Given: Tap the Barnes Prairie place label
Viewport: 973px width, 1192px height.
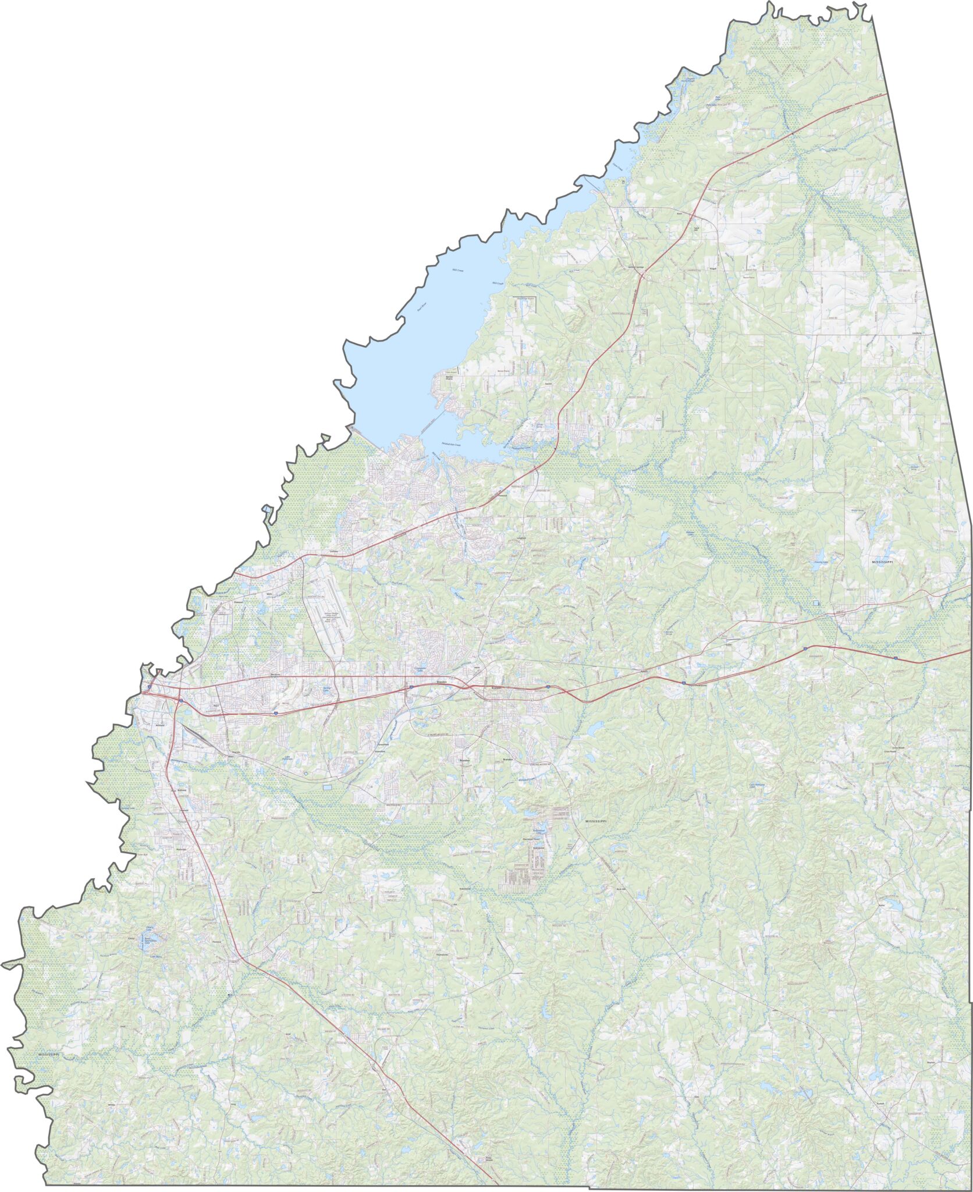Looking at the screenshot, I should click(449, 378).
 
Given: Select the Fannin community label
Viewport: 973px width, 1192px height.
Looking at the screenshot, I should click(547, 385).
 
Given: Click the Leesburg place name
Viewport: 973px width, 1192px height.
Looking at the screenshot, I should click(918, 334).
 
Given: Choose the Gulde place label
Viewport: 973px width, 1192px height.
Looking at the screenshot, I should click(728, 644).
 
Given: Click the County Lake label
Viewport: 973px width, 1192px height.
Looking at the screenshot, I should click(821, 562).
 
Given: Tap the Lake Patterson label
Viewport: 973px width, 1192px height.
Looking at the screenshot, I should click(287, 758).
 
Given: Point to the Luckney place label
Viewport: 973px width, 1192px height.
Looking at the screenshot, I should click(333, 551).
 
